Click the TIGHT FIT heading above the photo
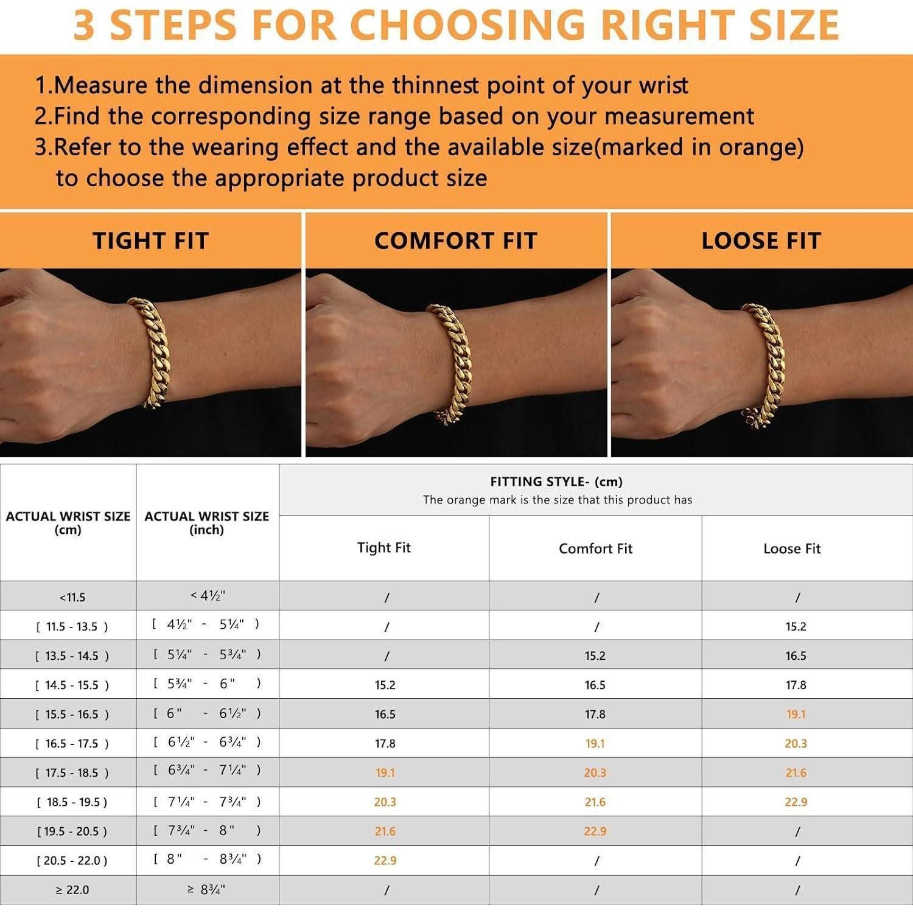[151, 241]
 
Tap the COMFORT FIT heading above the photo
[456, 241]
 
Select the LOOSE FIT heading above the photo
[761, 241]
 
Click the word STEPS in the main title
[173, 25]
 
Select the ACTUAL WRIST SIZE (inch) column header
[207, 523]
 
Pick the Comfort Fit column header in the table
[596, 548]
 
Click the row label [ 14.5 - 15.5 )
[72, 685]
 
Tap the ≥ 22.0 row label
[72, 890]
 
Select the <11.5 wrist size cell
[72, 597]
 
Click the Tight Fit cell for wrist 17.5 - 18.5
[385, 772]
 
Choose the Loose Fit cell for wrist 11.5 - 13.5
[796, 626]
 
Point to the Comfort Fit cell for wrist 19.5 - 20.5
[595, 831]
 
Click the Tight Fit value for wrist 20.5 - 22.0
[385, 860]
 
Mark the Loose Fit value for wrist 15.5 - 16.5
[796, 714]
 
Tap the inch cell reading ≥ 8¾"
[206, 889]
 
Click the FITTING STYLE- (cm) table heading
[556, 482]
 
